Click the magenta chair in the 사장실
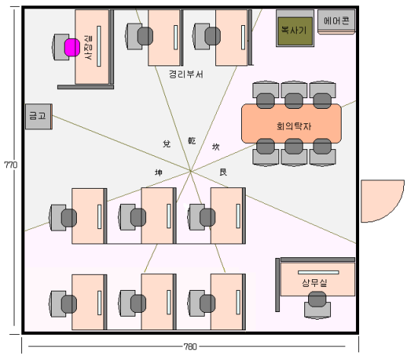coord(72,47)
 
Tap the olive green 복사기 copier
coord(295,31)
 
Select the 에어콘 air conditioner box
coord(336,21)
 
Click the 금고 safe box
coord(39,116)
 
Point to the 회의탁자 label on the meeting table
coord(294,126)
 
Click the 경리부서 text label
coord(186,75)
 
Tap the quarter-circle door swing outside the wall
coord(383,201)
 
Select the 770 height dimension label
coord(11,164)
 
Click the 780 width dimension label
coord(190,346)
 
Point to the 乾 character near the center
coord(192,141)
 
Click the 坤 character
coord(158,172)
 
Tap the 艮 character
coord(223,172)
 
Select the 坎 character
coord(216,147)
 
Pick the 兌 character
coord(167,144)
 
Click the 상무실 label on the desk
coord(314,282)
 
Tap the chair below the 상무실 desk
coord(317,304)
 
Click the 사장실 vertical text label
coord(88,47)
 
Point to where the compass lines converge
coord(190,171)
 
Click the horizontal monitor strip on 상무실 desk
coord(319,272)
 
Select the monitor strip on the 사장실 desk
coord(99,46)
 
